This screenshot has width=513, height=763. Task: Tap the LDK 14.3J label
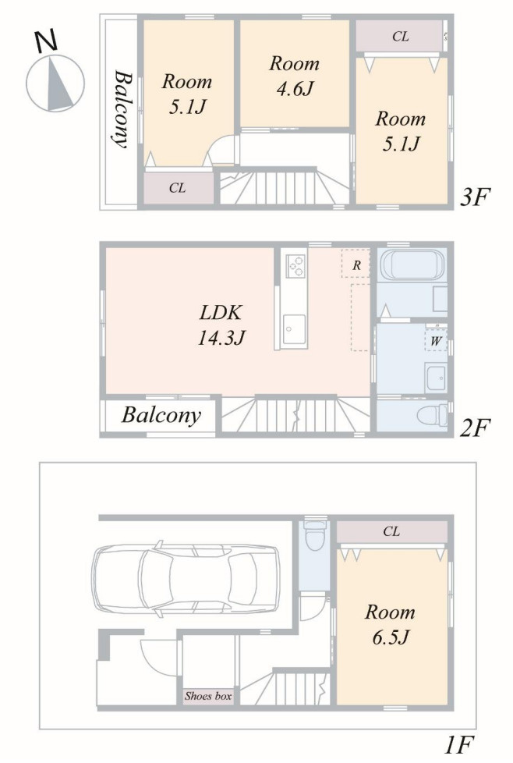click(x=221, y=325)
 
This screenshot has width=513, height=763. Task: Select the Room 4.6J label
click(x=295, y=76)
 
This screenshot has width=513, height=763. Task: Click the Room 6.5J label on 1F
click(x=390, y=624)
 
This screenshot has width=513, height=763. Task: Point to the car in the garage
click(x=186, y=578)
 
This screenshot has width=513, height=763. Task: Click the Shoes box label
click(x=208, y=697)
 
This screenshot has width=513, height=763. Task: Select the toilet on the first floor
click(x=315, y=536)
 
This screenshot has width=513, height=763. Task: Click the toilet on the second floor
click(x=433, y=415)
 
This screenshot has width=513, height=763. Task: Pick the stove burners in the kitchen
click(x=295, y=265)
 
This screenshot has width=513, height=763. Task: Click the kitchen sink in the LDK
click(x=294, y=329)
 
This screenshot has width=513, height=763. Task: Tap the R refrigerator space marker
click(x=356, y=265)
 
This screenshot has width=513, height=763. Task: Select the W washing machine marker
click(x=436, y=341)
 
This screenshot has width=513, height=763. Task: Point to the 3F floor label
click(x=475, y=197)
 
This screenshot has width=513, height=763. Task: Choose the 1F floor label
click(x=458, y=744)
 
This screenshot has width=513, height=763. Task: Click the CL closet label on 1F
click(x=391, y=531)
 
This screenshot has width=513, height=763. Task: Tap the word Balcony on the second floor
click(x=161, y=415)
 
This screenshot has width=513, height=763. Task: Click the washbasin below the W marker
click(x=436, y=377)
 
